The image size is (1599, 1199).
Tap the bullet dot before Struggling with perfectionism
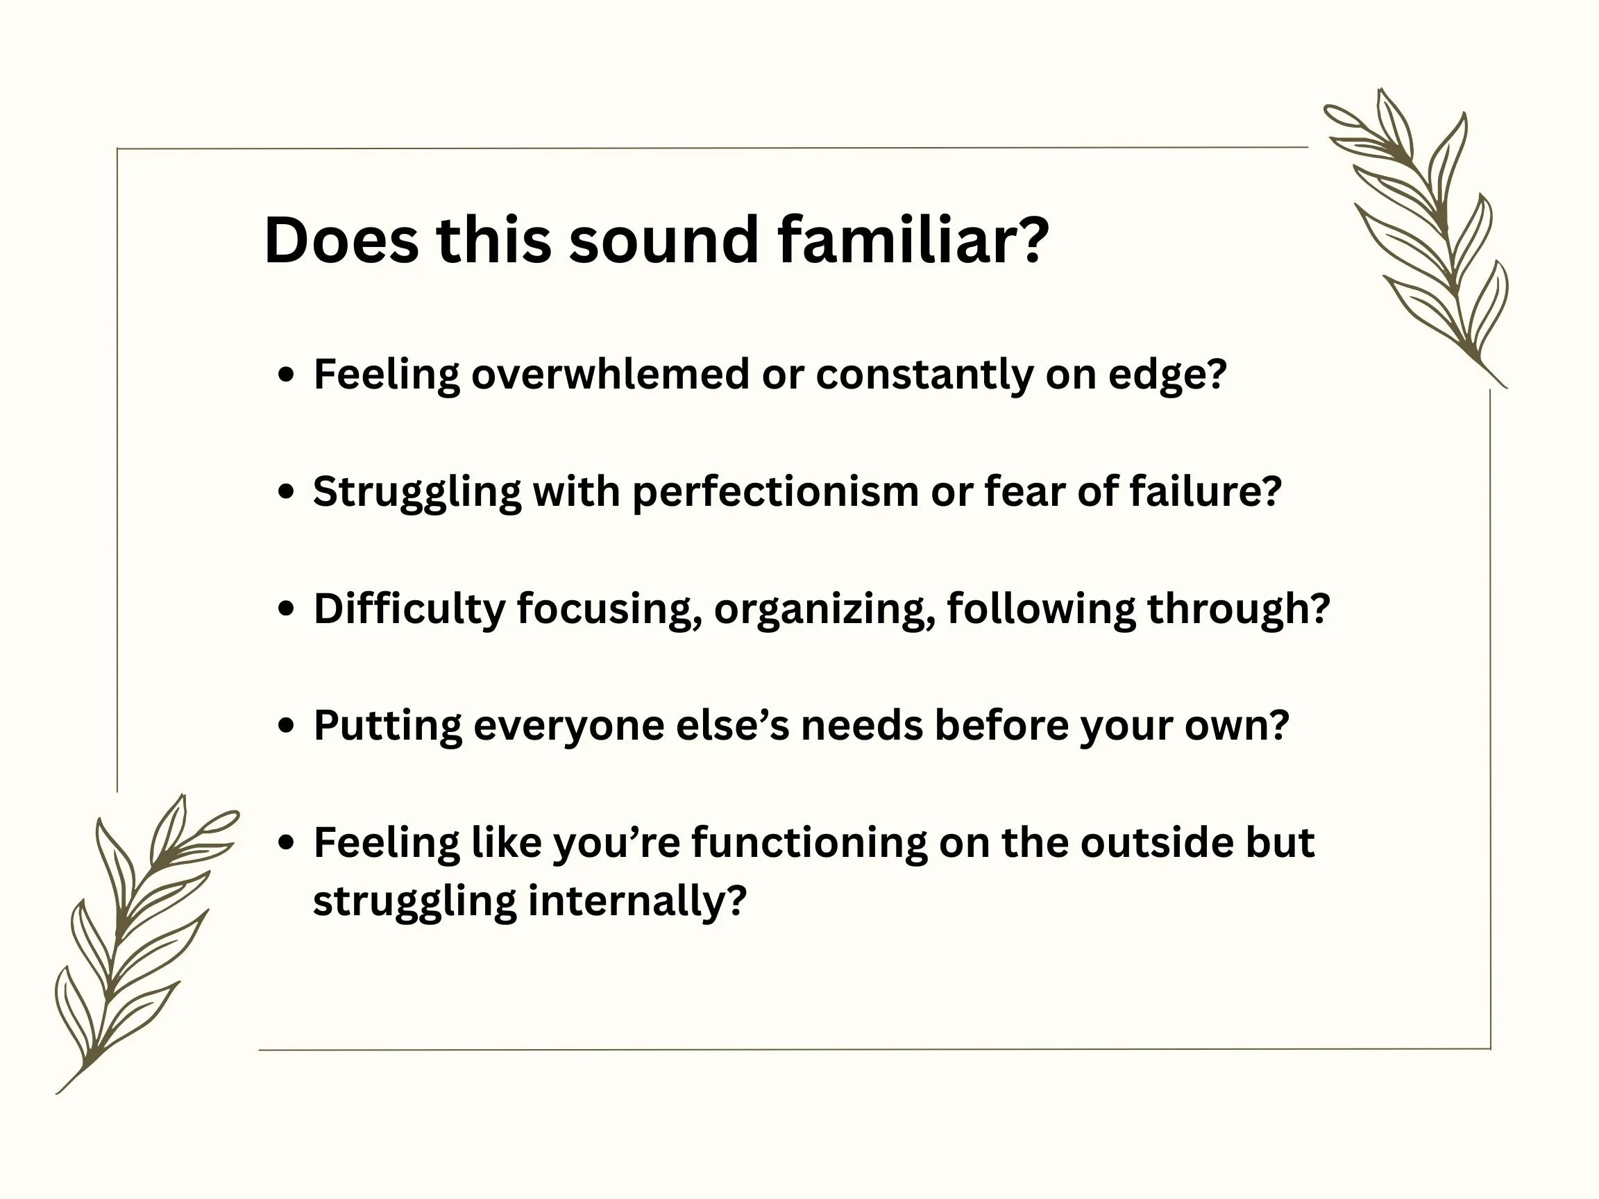click(287, 492)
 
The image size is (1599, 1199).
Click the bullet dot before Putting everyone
click(287, 726)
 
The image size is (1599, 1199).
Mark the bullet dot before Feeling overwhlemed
click(287, 375)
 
